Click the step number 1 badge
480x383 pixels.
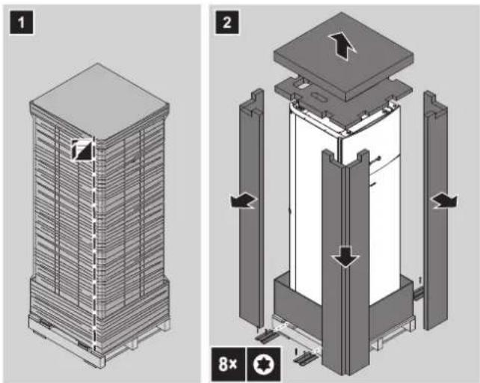pos(21,22)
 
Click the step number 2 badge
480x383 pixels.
pos(227,22)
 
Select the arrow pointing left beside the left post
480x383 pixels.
pos(244,202)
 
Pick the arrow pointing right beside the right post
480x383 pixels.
pos(444,202)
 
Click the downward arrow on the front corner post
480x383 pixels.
pos(346,256)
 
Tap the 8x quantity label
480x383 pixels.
pos(228,364)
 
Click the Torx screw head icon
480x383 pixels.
pos(264,364)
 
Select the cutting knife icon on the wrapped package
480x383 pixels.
pos(82,150)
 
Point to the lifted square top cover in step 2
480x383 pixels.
pos(343,58)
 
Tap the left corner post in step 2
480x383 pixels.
pos(252,209)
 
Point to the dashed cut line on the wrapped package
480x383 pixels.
pos(94,245)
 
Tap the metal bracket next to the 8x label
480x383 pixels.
pos(304,357)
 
